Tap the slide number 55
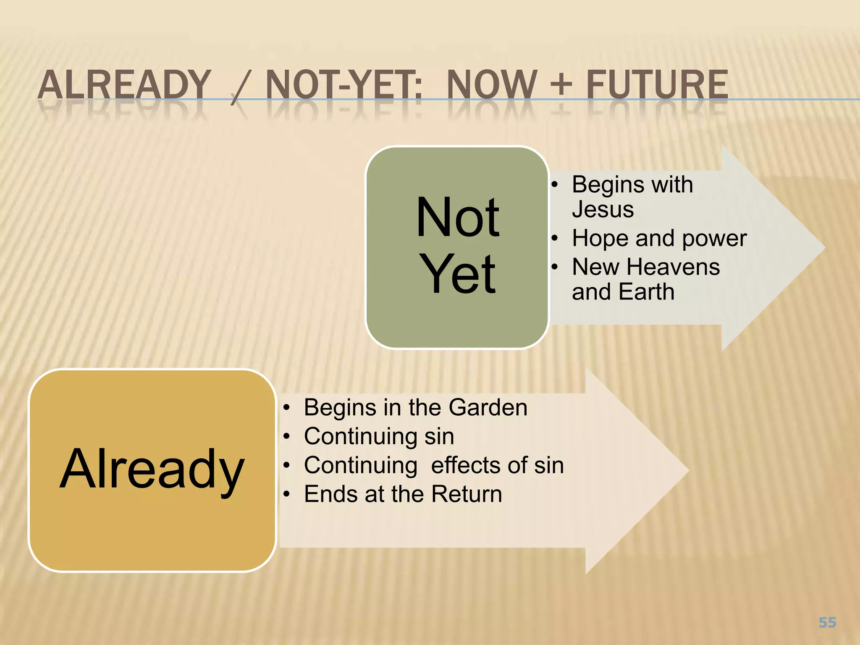827,622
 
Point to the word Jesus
603,209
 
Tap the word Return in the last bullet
467,494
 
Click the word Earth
646,292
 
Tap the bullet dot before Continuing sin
286,437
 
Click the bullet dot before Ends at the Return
286,494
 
